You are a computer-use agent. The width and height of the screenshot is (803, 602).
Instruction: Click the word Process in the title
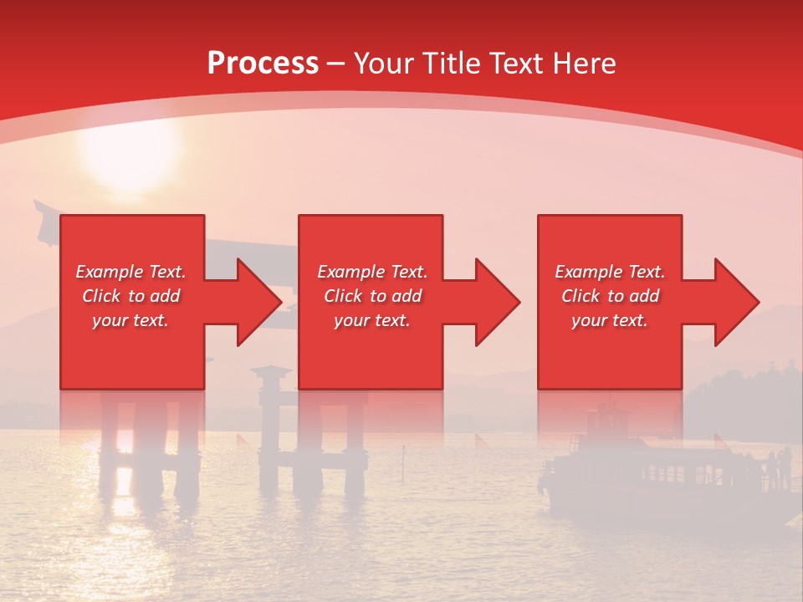coord(263,64)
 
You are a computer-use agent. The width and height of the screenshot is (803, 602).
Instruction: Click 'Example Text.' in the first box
coord(130,272)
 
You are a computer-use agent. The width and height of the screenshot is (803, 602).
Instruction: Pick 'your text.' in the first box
coord(130,320)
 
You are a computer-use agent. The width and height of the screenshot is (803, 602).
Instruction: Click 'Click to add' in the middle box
coord(372,296)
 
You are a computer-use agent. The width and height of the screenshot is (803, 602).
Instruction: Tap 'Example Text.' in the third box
coord(610,272)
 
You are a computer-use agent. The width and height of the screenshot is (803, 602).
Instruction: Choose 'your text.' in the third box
coord(610,320)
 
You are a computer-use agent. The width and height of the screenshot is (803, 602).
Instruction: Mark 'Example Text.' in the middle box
coord(372,272)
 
